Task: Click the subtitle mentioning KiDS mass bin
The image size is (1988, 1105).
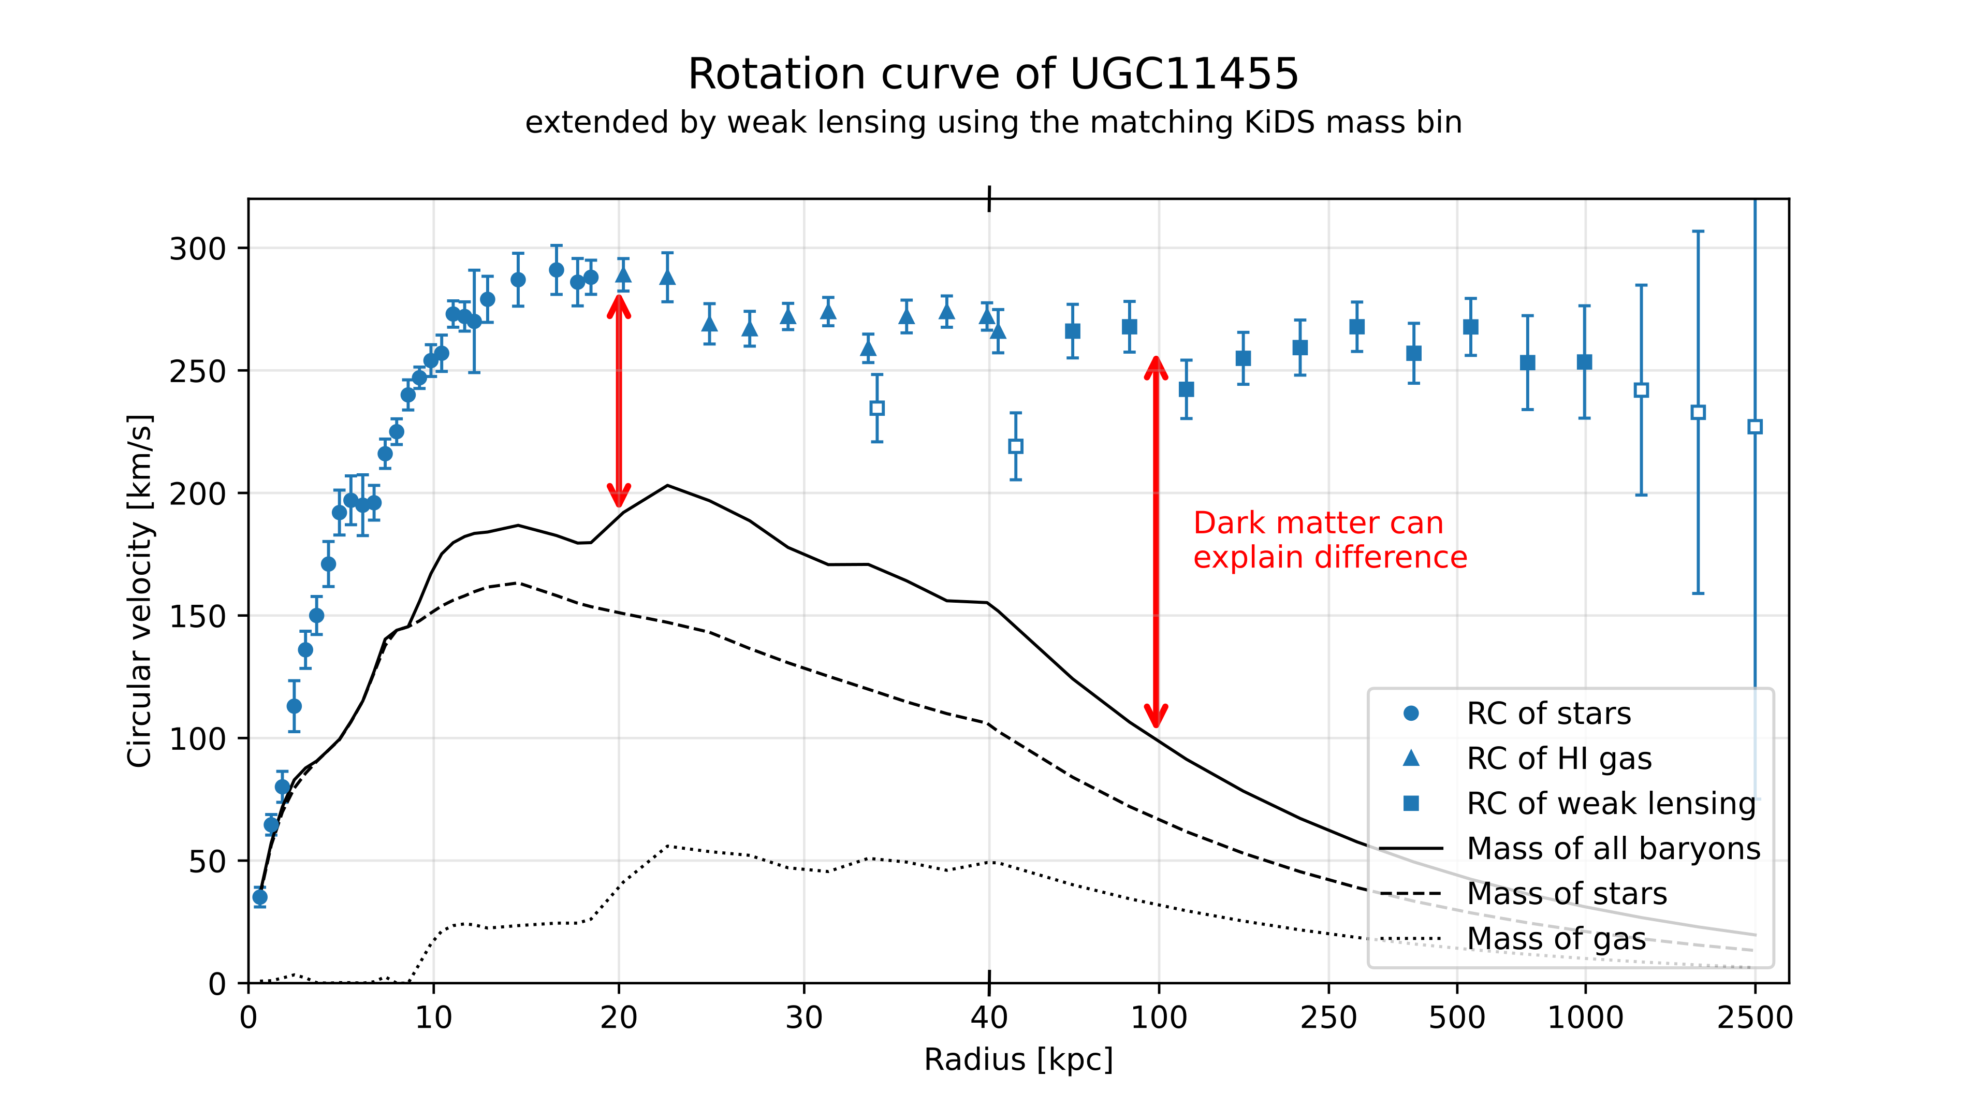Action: click(x=993, y=123)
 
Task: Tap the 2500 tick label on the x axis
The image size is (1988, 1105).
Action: click(x=1754, y=1018)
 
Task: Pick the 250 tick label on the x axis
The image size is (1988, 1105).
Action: click(x=1328, y=1018)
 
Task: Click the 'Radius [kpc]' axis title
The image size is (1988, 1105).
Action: click(x=1018, y=1059)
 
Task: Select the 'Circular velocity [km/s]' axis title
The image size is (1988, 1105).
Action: click(x=140, y=591)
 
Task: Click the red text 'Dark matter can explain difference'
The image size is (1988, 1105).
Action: click(x=1329, y=540)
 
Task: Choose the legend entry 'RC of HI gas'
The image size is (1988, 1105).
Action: click(x=1558, y=759)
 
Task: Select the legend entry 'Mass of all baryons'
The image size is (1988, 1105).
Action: click(x=1613, y=848)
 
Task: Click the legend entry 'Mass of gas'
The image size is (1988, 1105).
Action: click(x=1556, y=938)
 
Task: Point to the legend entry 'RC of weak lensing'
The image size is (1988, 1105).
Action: click(x=1611, y=803)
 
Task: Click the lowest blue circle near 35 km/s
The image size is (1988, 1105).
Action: click(x=260, y=897)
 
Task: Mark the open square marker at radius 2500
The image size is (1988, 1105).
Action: click(x=1754, y=427)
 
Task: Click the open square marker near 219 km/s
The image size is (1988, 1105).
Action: click(x=1016, y=446)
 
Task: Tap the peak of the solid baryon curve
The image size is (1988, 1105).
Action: click(x=667, y=485)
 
